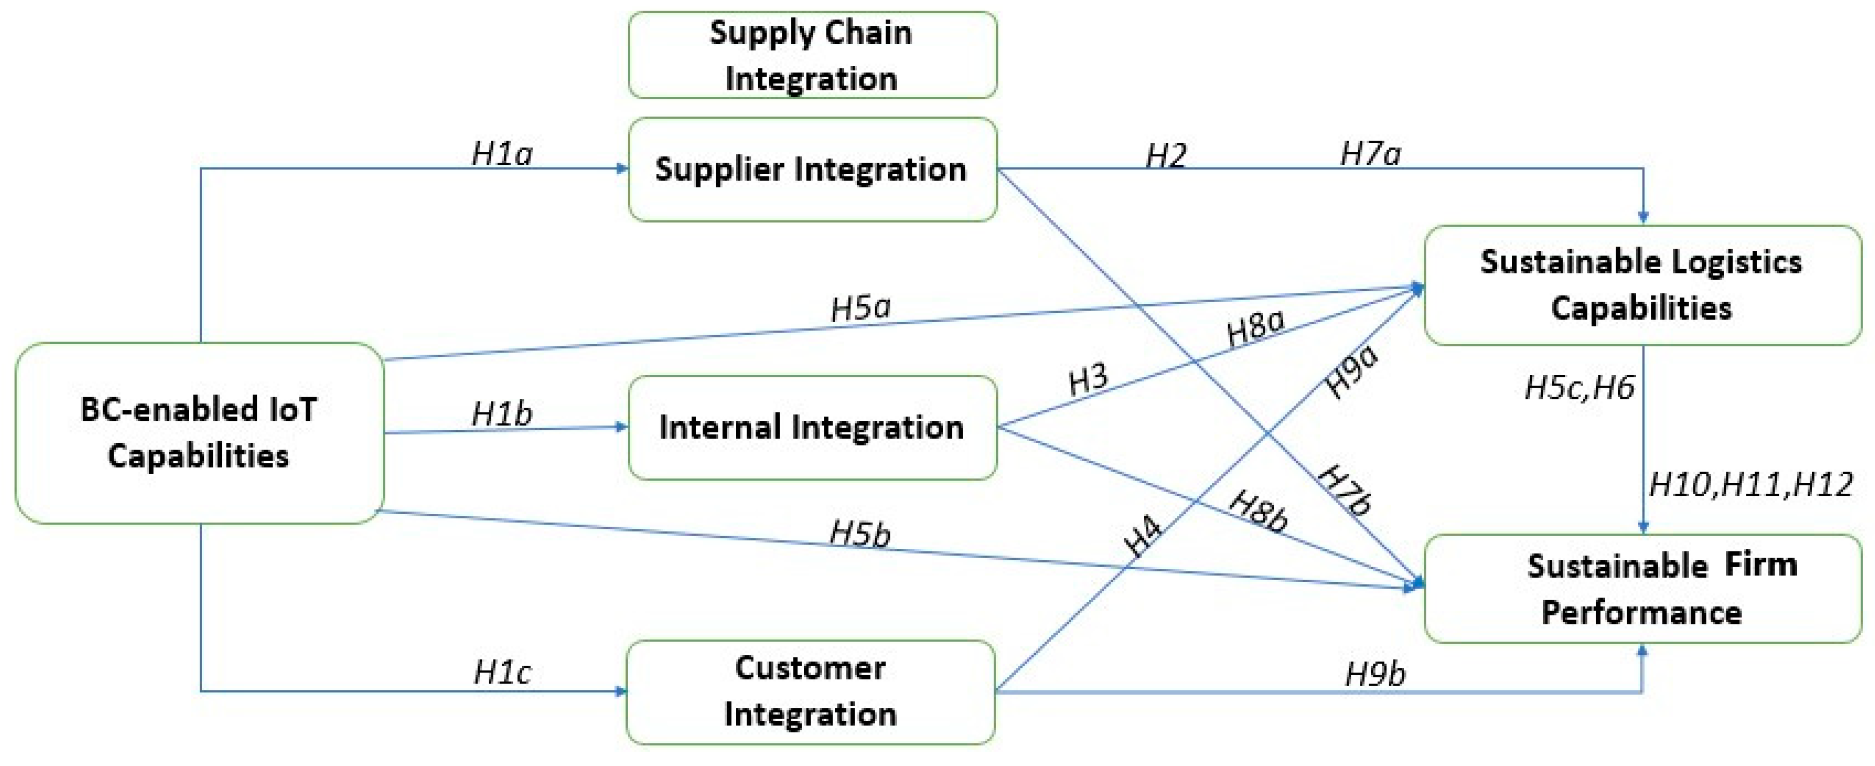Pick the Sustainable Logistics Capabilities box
[x=1641, y=285]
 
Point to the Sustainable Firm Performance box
[x=1641, y=588]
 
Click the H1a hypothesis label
[x=502, y=153]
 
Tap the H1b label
[x=502, y=413]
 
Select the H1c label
[x=502, y=672]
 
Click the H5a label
[x=861, y=308]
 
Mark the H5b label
[x=860, y=534]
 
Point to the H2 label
[x=1166, y=155]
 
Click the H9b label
[x=1375, y=673]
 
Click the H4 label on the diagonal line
[x=1143, y=536]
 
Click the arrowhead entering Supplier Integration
[x=622, y=169]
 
